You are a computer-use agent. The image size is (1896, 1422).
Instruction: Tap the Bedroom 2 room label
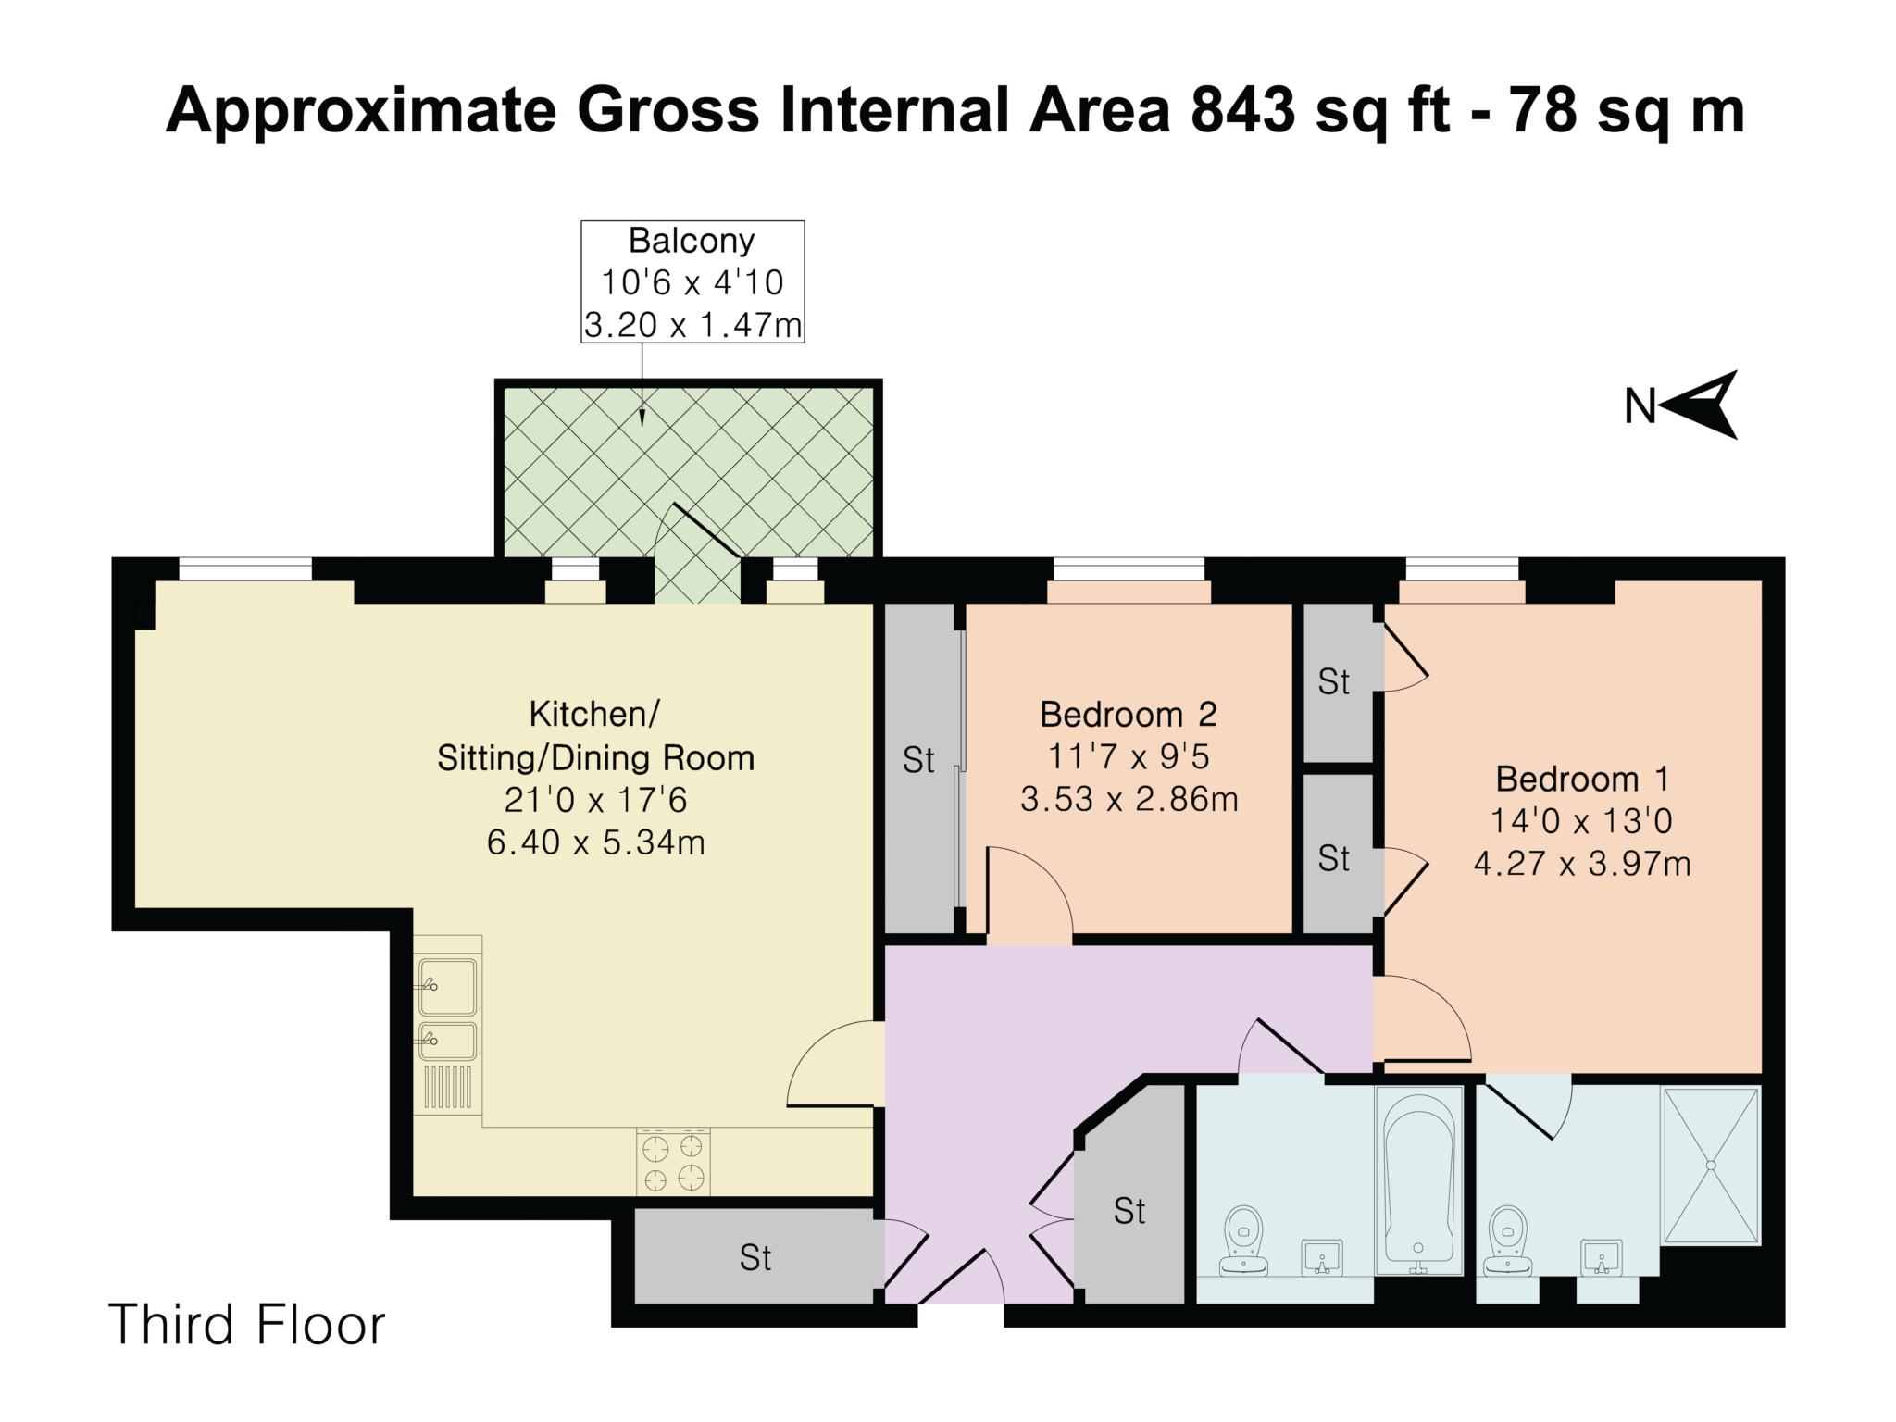click(1129, 714)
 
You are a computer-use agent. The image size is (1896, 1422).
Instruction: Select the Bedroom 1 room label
click(1582, 779)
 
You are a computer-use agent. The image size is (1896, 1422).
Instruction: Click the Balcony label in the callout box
click(692, 241)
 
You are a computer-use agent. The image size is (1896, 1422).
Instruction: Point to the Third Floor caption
click(247, 1324)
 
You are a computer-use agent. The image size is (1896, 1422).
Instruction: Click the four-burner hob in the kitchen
click(673, 1162)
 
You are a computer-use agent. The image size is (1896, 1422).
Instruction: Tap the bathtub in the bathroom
click(1418, 1181)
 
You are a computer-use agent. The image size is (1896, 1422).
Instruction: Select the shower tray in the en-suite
click(1711, 1166)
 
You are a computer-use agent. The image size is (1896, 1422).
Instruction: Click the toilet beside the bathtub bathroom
click(1243, 1241)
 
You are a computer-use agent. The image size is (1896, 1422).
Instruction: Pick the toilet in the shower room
click(1508, 1241)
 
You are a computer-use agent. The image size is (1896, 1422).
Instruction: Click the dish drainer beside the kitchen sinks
click(447, 1087)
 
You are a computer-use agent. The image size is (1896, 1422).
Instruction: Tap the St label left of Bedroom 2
click(918, 761)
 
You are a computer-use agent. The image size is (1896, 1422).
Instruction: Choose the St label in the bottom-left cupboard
click(755, 1257)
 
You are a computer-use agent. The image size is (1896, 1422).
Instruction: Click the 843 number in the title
click(1243, 110)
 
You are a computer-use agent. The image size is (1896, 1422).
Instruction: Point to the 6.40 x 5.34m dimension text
click(595, 843)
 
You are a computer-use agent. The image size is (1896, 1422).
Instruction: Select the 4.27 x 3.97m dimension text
click(1582, 865)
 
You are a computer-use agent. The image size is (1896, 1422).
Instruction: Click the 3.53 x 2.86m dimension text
click(1129, 799)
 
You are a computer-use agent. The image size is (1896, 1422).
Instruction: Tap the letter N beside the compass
click(1640, 406)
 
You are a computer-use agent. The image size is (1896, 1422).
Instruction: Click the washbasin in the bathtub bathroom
click(1321, 1257)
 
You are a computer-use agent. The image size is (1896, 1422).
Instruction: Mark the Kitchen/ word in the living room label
click(593, 715)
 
